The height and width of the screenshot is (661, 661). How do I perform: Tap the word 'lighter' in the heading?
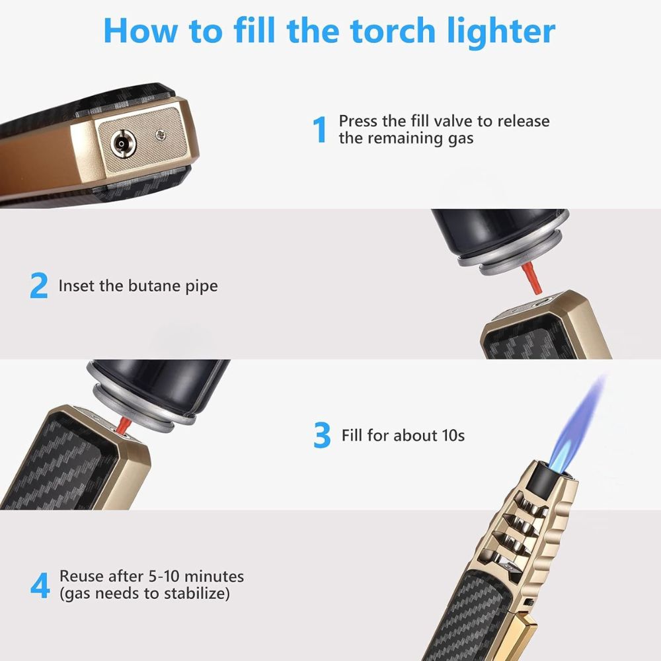coord(500,31)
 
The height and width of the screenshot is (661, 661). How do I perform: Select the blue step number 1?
coord(320,130)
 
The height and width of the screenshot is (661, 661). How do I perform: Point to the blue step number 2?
coord(39,286)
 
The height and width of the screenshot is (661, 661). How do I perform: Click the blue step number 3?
coord(322,436)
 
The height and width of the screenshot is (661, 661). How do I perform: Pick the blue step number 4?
coord(40,585)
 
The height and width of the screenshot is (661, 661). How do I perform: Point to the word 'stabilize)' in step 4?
coord(198,594)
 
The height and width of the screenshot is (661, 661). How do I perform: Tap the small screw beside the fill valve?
coord(159,136)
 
